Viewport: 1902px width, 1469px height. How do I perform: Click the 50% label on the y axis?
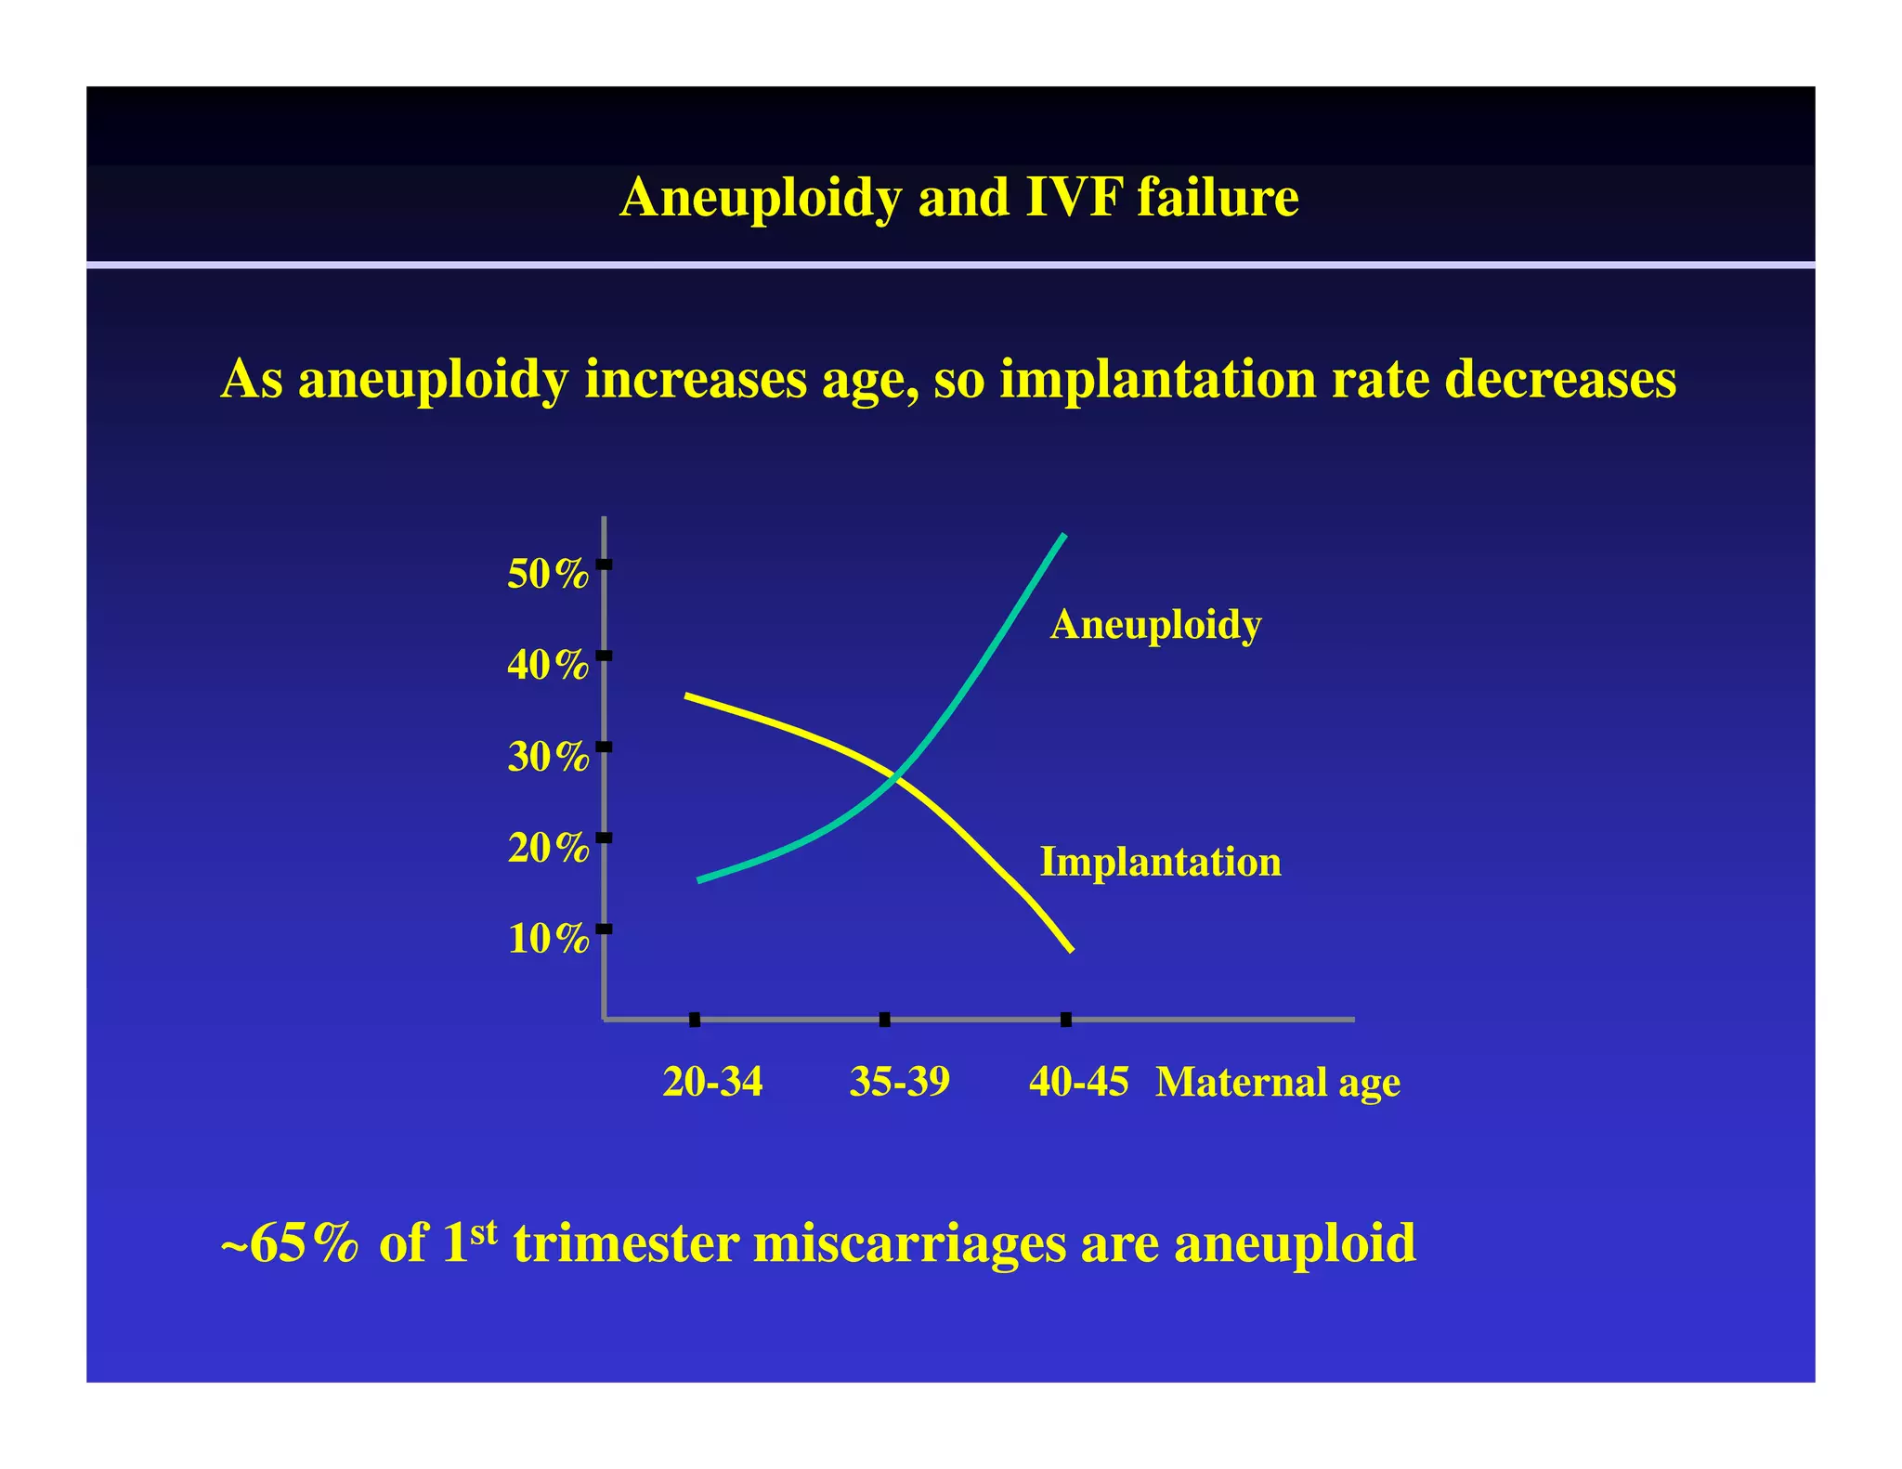coord(547,575)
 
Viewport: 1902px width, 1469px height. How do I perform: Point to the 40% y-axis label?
coord(547,666)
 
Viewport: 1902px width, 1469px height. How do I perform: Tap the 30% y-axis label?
coord(547,758)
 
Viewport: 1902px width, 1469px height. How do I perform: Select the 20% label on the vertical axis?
coord(547,848)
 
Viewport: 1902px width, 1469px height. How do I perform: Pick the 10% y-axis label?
coord(547,940)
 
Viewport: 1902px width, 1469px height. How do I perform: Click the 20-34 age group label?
coord(712,1082)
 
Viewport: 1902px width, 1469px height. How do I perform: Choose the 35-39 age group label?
coord(899,1082)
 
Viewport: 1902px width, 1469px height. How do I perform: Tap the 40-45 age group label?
coord(1078,1082)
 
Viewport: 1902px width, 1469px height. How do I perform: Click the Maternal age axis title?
coord(1277,1083)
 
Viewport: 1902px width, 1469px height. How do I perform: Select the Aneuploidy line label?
coord(1155,625)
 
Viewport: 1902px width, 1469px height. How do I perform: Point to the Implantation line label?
coord(1160,862)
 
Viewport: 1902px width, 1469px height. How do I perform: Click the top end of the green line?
coord(1063,537)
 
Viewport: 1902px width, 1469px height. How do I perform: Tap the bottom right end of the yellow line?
coord(1072,950)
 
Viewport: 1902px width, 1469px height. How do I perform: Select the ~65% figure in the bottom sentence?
coord(289,1242)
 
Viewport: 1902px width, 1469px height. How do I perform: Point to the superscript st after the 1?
coord(484,1231)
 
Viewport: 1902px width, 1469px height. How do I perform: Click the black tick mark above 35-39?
coord(884,1020)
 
